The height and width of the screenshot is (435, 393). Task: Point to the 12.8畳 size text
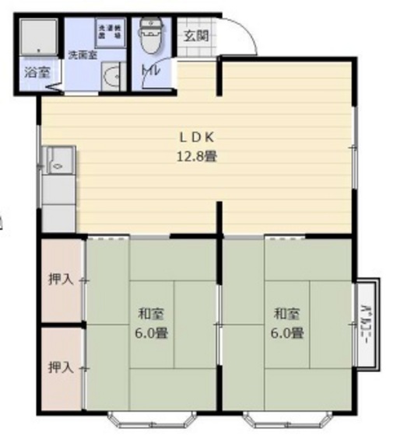(x=196, y=155)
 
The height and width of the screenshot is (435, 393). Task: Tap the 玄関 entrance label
(x=195, y=37)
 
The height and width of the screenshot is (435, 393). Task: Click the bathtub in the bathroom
(x=37, y=37)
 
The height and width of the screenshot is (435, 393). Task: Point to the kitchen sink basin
(x=58, y=164)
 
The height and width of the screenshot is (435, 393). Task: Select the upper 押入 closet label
(x=61, y=279)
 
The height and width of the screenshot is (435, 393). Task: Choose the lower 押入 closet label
(x=61, y=367)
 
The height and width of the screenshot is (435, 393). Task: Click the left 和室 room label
(x=150, y=315)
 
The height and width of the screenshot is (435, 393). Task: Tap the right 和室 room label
(x=286, y=315)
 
